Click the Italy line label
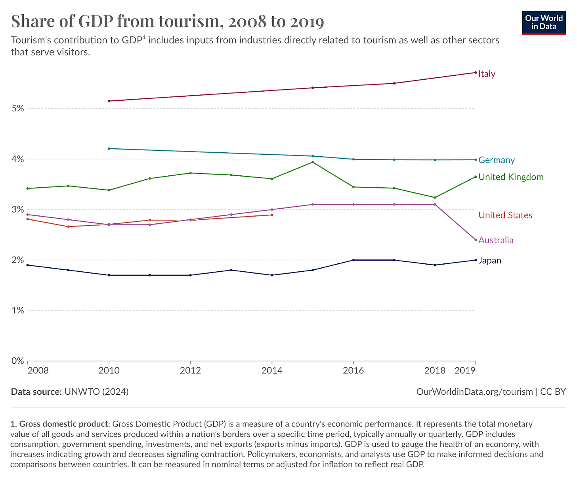[487, 74]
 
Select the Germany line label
[496, 160]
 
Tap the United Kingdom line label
[511, 177]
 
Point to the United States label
[505, 215]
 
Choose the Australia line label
[496, 240]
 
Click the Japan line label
[490, 261]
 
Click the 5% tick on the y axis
[17, 109]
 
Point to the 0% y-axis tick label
[17, 361]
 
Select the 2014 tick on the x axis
[272, 371]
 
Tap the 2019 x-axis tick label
[465, 371]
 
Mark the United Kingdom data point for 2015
[313, 162]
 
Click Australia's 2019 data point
[476, 240]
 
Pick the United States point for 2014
[272, 215]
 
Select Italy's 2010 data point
[109, 101]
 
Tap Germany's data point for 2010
[109, 148]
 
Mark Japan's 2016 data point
[353, 260]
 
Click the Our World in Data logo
[544, 23]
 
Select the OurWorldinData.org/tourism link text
[474, 392]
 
